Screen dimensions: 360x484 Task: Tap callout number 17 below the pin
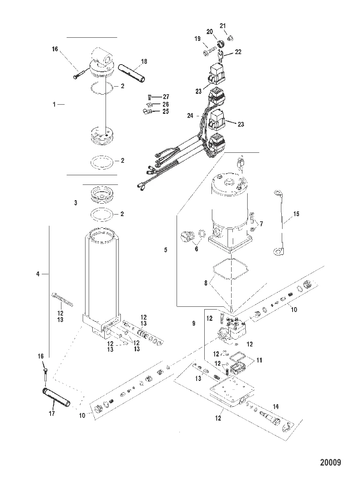pyautogui.click(x=52, y=413)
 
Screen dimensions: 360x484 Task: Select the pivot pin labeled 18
pyautogui.click(x=132, y=73)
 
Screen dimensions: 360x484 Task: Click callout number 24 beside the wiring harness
pyautogui.click(x=190, y=115)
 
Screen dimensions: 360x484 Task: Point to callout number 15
pyautogui.click(x=296, y=214)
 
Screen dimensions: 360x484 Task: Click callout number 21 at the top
pyautogui.click(x=223, y=26)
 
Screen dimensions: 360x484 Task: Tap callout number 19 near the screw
pyautogui.click(x=197, y=38)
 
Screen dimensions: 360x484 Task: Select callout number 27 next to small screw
pyautogui.click(x=166, y=97)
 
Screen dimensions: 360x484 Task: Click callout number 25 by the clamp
pyautogui.click(x=166, y=111)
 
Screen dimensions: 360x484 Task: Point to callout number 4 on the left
pyautogui.click(x=38, y=273)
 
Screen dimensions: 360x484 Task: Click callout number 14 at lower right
pyautogui.click(x=276, y=407)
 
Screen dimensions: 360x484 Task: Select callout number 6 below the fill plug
pyautogui.click(x=196, y=249)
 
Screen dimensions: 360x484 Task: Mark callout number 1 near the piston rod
pyautogui.click(x=54, y=105)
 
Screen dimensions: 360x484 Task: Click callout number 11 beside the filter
pyautogui.click(x=259, y=360)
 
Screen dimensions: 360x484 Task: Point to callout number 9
pyautogui.click(x=194, y=323)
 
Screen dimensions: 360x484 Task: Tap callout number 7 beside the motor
pyautogui.click(x=261, y=224)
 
